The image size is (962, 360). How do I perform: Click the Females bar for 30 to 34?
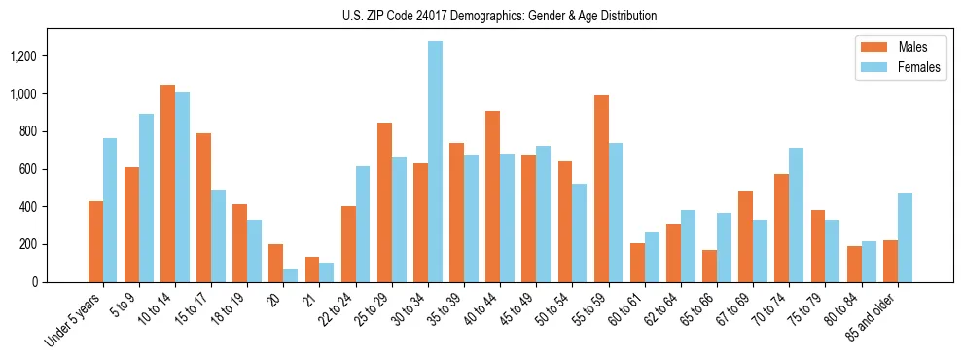point(435,162)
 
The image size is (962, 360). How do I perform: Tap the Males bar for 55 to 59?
point(601,189)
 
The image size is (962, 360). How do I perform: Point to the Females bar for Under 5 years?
point(110,210)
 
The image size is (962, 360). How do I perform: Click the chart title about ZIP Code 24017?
point(499,16)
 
